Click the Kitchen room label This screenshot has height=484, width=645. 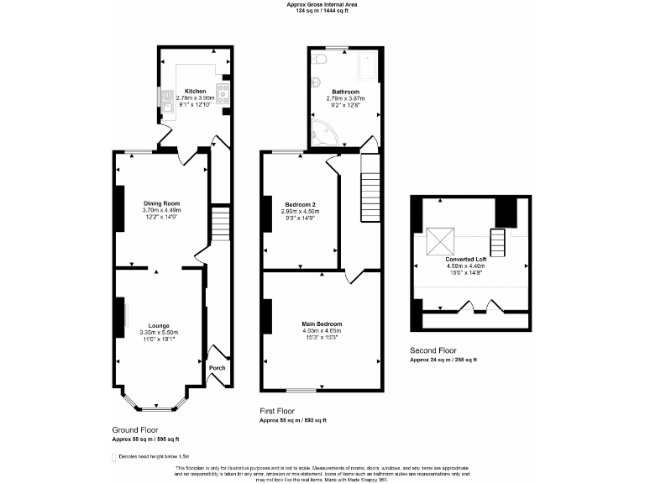coord(195,91)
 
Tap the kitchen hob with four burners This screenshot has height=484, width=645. coord(224,91)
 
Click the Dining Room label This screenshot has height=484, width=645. coord(161,203)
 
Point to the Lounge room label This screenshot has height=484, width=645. coord(160,325)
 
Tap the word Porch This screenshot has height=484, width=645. coord(217,367)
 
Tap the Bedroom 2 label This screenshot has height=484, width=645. coord(299,204)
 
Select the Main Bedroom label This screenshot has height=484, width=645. coord(322,324)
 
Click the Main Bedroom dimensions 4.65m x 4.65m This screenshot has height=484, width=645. coord(322,331)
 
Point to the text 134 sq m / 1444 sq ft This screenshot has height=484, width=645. coord(322,12)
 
